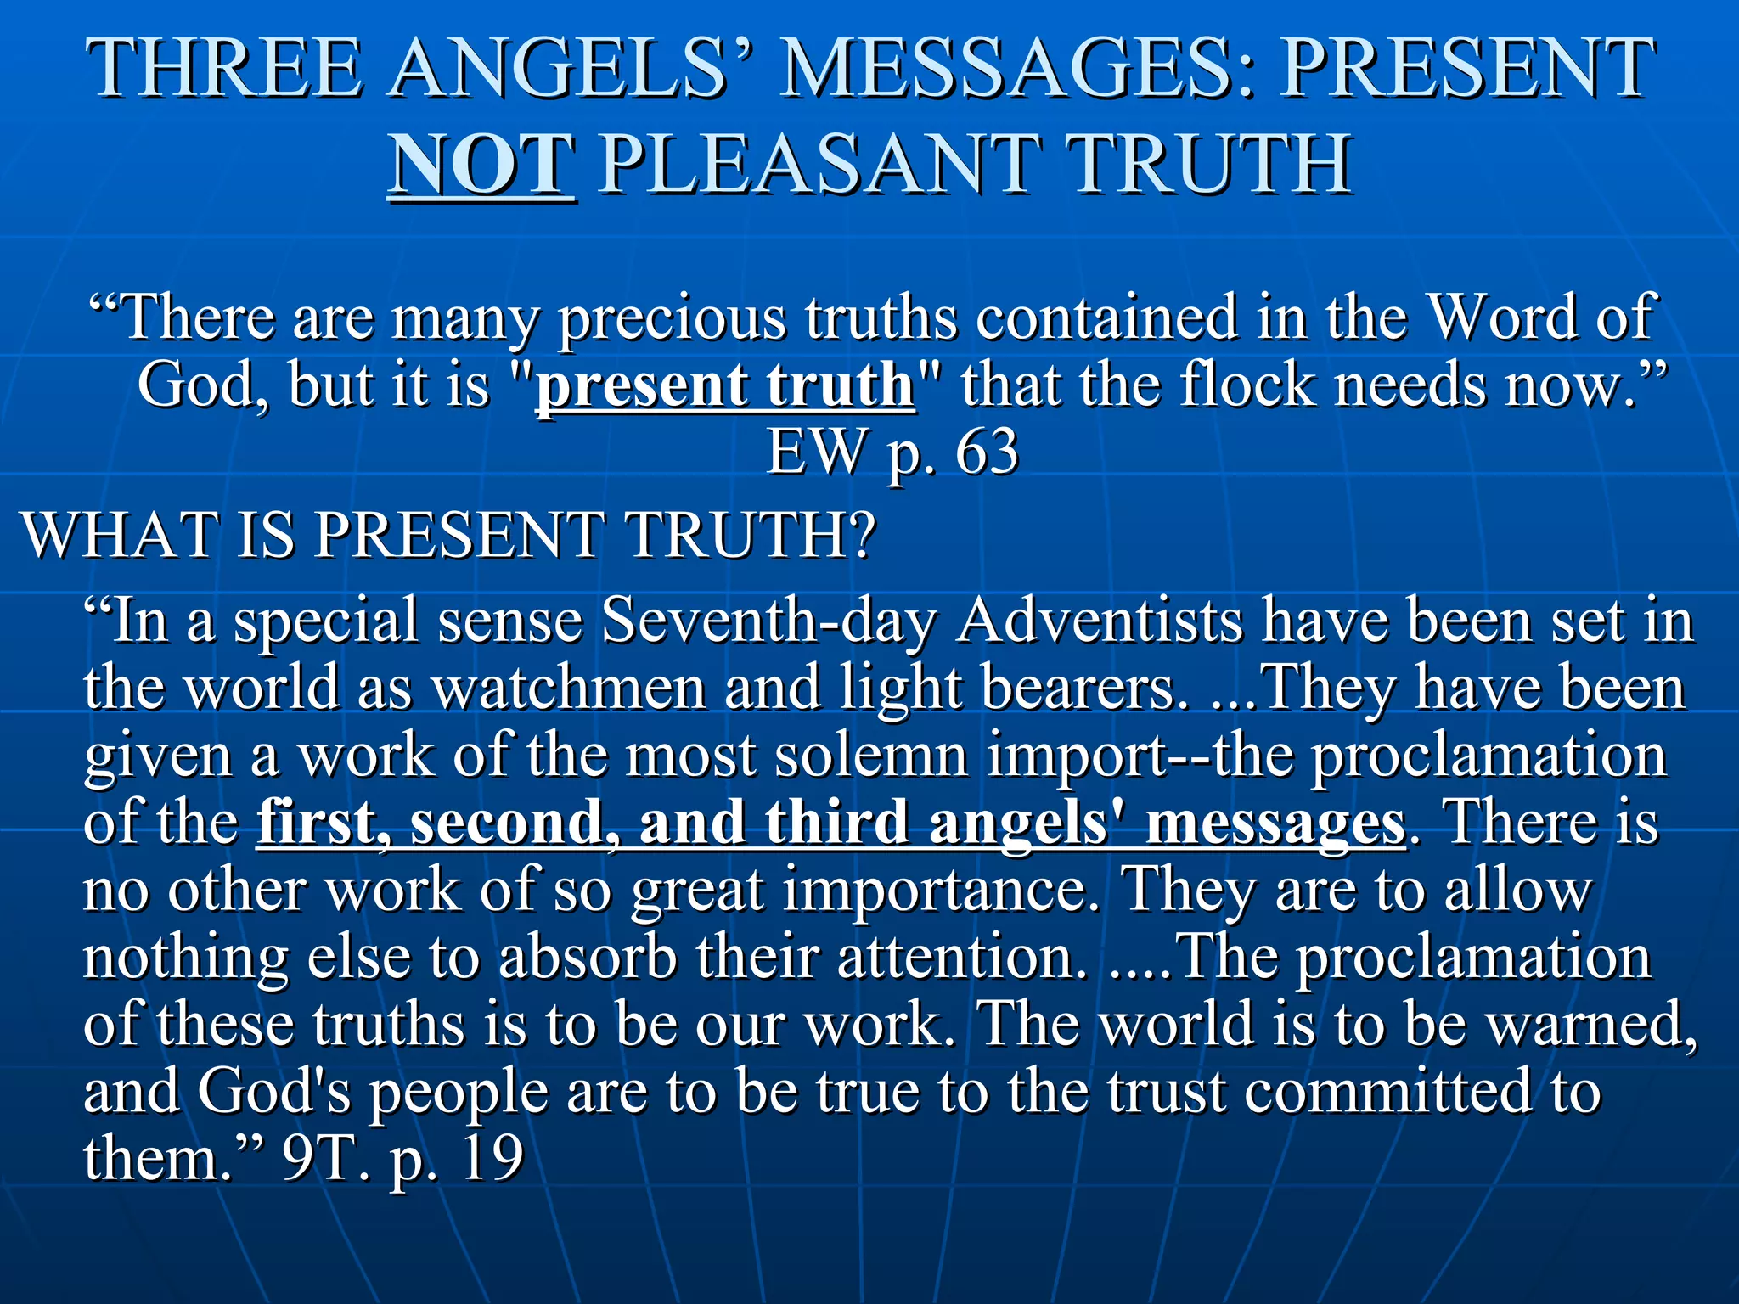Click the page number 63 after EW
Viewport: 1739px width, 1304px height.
pos(987,452)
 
